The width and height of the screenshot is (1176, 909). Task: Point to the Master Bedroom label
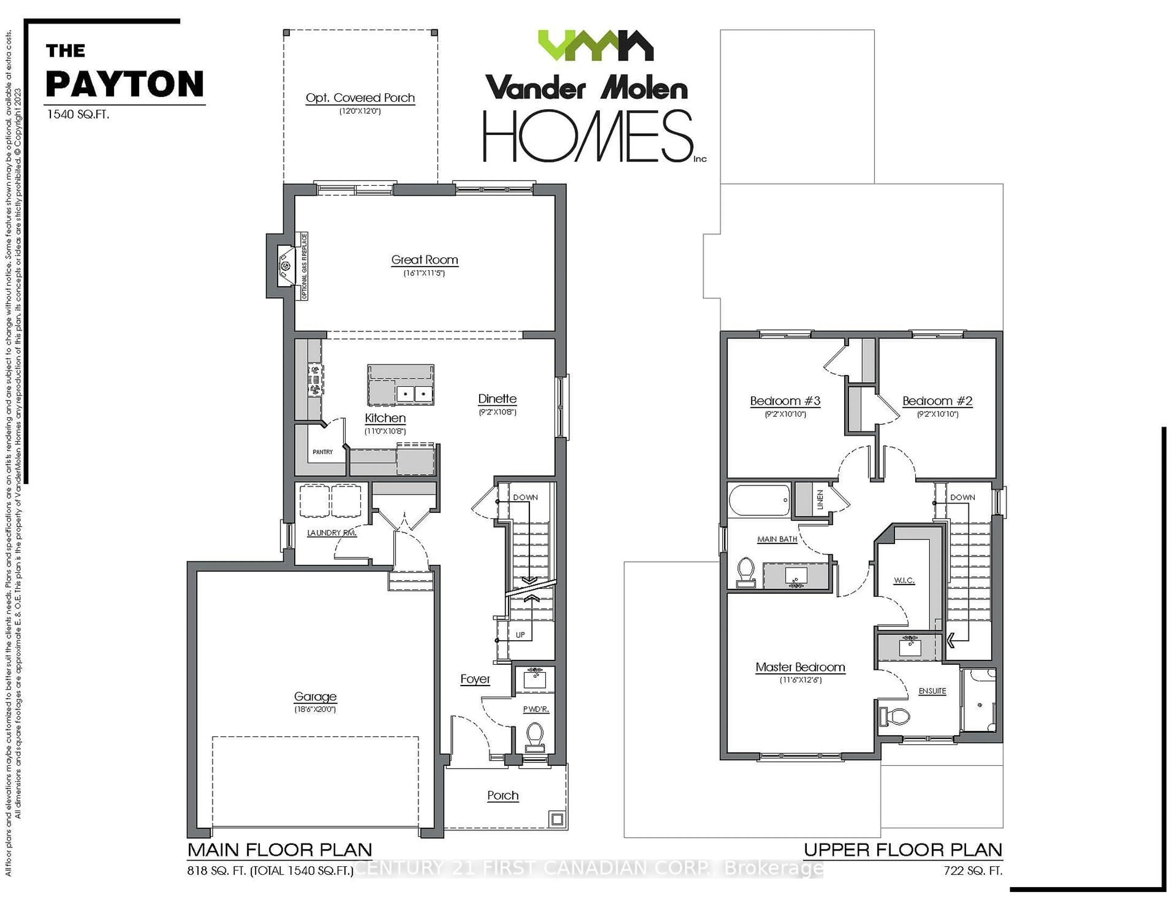(800, 667)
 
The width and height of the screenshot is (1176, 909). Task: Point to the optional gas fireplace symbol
(285, 266)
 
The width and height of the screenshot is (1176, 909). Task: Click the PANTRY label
(322, 452)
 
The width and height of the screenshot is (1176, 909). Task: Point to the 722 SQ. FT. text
(972, 870)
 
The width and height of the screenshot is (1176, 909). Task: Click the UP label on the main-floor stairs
(520, 635)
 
